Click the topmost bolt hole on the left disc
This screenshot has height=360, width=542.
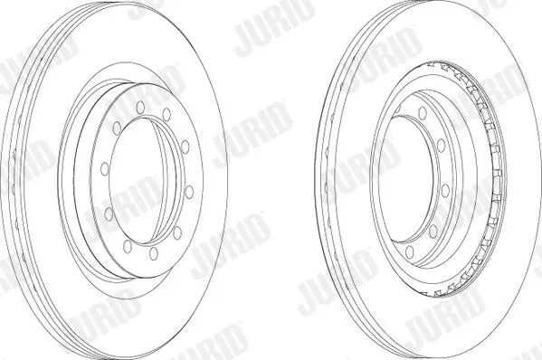(140, 108)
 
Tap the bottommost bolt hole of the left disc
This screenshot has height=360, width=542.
(154, 253)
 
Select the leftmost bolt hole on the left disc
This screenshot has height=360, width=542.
(105, 169)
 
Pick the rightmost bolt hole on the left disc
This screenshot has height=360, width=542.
(189, 192)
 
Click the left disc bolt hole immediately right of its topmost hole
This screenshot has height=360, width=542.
(166, 114)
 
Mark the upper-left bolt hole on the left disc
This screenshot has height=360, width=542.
(118, 128)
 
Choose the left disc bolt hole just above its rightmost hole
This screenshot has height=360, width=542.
(185, 147)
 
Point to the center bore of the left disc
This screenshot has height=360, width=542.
(137, 181)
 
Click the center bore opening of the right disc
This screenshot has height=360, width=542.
(407, 179)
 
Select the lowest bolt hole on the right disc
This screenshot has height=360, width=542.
(410, 252)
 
